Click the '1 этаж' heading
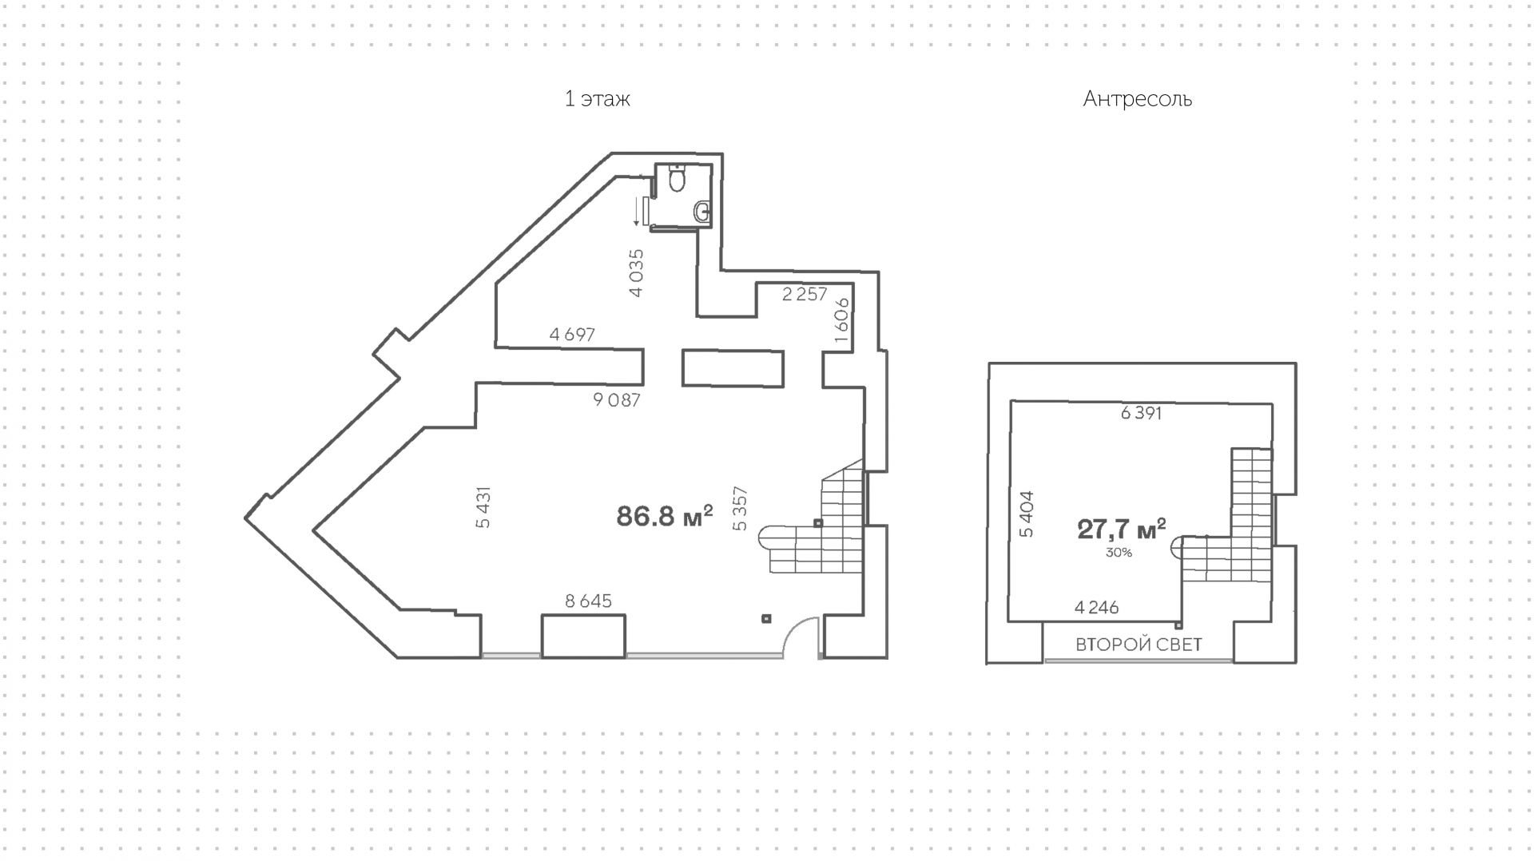pos(597,99)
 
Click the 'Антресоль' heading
pos(1137,99)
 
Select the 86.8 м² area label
pos(664,517)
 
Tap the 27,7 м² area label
pos(1121,529)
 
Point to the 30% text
pos(1119,552)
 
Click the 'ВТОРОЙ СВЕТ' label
pos(1139,645)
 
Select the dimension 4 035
pos(636,273)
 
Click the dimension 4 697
pos(572,335)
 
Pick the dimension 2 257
pos(804,294)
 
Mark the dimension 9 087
pos(616,400)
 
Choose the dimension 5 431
pos(483,507)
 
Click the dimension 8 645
pos(588,601)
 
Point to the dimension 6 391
pos(1141,413)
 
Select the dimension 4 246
pos(1096,608)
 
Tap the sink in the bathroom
pos(702,212)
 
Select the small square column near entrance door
pos(766,617)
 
